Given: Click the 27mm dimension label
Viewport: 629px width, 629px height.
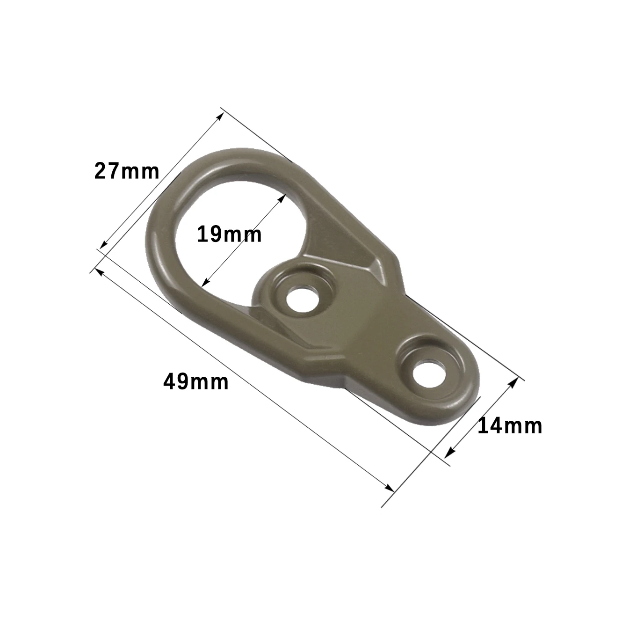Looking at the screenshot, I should coord(127,171).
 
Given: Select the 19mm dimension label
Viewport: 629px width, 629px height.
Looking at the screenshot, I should coord(229,234).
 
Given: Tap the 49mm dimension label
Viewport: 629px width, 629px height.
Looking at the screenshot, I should coord(196,382).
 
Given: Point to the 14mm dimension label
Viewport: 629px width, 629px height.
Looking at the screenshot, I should coord(510,426).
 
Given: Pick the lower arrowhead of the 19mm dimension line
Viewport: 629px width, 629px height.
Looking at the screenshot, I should coord(204,283).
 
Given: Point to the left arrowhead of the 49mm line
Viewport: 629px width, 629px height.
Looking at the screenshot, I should coord(98,271).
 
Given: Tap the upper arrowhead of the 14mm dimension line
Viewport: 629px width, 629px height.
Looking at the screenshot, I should coord(514,381).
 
